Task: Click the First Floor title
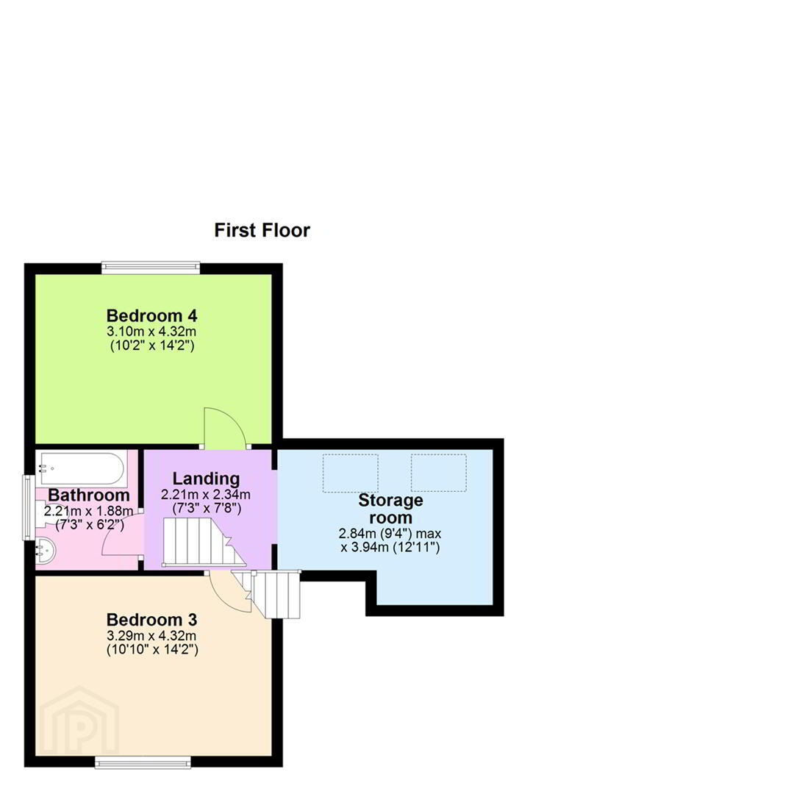pyautogui.click(x=262, y=230)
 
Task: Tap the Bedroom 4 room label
pyautogui.click(x=151, y=315)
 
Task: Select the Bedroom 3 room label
pyautogui.click(x=151, y=619)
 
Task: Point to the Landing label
pyautogui.click(x=206, y=479)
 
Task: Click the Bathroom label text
pyautogui.click(x=89, y=495)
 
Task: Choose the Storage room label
pyautogui.click(x=390, y=509)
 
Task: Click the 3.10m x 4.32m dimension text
pyautogui.click(x=151, y=332)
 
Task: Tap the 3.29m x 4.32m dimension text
pyautogui.click(x=151, y=635)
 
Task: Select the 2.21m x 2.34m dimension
pyautogui.click(x=206, y=494)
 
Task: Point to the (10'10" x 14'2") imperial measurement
pyautogui.click(x=152, y=650)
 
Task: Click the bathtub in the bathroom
pyautogui.click(x=81, y=468)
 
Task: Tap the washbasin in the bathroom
pyautogui.click(x=45, y=550)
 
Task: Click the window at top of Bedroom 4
pyautogui.click(x=151, y=268)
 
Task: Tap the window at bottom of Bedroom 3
pyautogui.click(x=143, y=762)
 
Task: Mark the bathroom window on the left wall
pyautogui.click(x=29, y=507)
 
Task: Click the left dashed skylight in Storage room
pyautogui.click(x=351, y=473)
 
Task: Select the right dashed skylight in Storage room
pyautogui.click(x=438, y=473)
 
